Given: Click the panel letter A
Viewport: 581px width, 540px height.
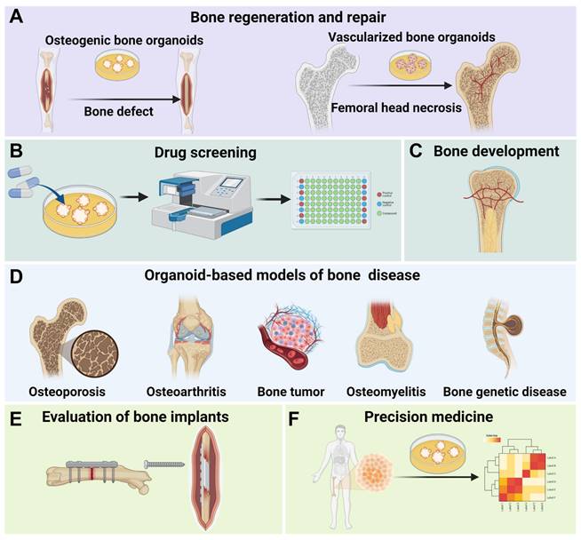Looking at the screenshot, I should [17, 17].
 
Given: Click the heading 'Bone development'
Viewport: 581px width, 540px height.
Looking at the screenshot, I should [496, 151].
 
